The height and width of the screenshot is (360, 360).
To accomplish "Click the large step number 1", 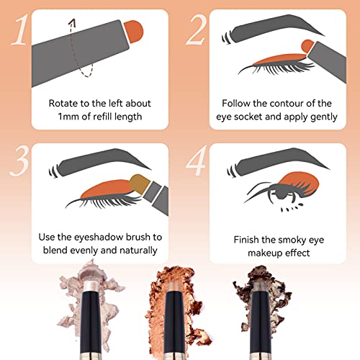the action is point(20,30).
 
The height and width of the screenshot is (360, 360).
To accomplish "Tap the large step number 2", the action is point(197,30).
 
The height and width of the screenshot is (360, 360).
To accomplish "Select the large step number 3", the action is point(19,161).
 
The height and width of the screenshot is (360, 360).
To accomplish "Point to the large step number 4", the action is point(197,160).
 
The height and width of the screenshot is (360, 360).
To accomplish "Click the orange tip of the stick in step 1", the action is point(134,31).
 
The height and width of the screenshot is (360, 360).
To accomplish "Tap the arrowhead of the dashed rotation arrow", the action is point(72,22).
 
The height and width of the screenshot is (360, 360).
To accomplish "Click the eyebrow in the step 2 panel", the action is point(274,27).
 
